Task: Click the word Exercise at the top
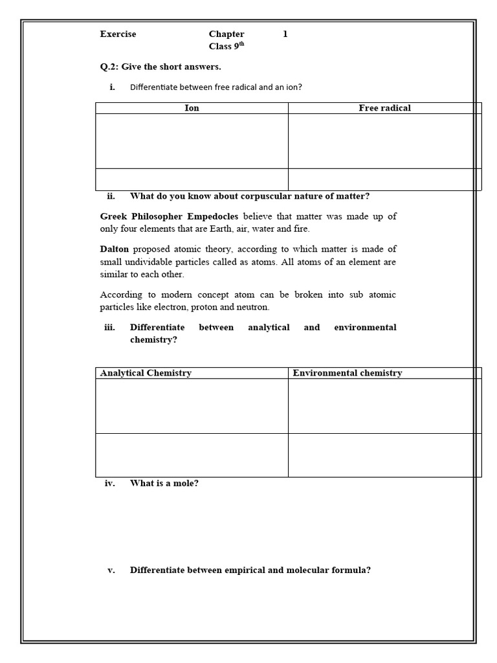(x=118, y=34)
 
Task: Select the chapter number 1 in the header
(x=285, y=34)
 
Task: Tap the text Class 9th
(x=226, y=46)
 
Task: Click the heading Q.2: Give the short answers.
(x=160, y=67)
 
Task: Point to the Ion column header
(x=192, y=108)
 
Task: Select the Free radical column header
(x=384, y=108)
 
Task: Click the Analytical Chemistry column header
(x=146, y=373)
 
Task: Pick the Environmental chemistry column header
(x=347, y=373)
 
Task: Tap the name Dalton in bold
(x=115, y=249)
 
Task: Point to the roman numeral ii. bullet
(x=111, y=196)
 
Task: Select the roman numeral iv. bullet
(x=109, y=483)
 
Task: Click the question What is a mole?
(x=164, y=483)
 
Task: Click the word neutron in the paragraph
(x=253, y=307)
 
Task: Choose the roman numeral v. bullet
(x=111, y=570)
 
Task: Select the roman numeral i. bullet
(x=113, y=87)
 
